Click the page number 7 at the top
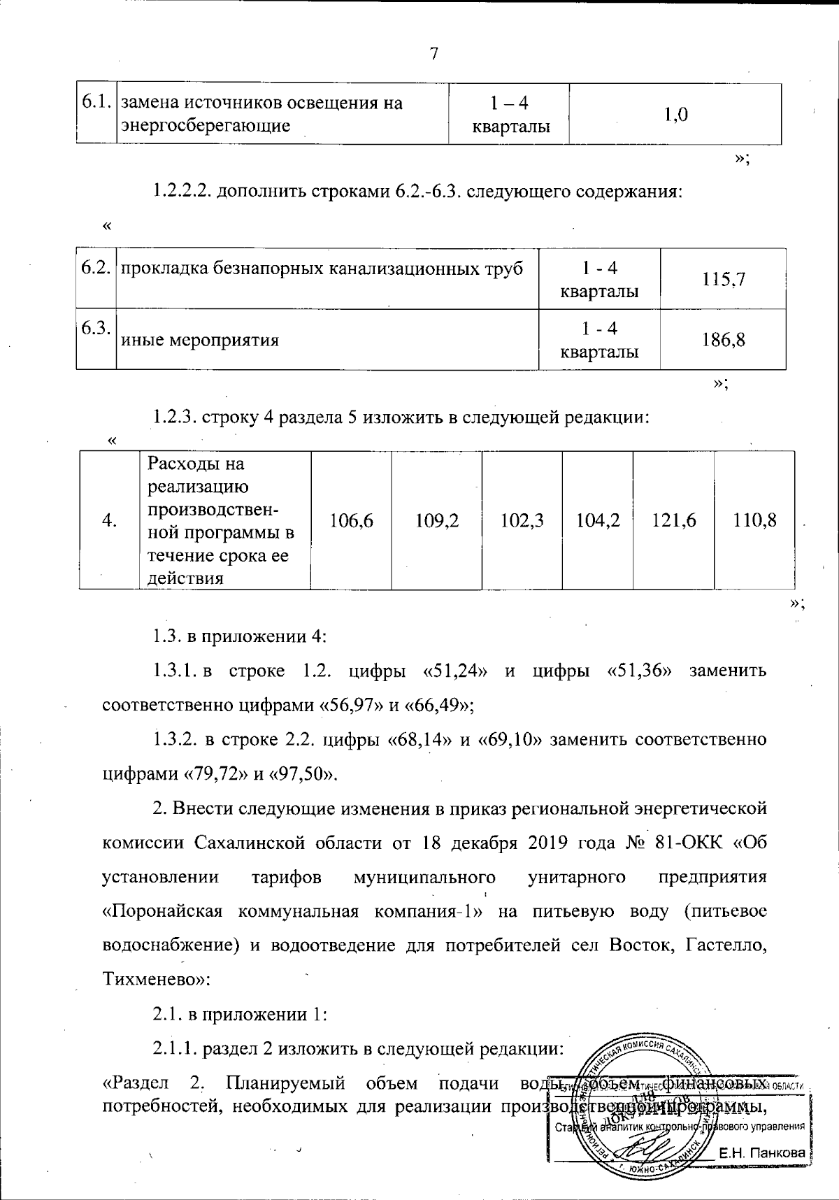[433, 54]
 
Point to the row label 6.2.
[94, 269]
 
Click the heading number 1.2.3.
[175, 418]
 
